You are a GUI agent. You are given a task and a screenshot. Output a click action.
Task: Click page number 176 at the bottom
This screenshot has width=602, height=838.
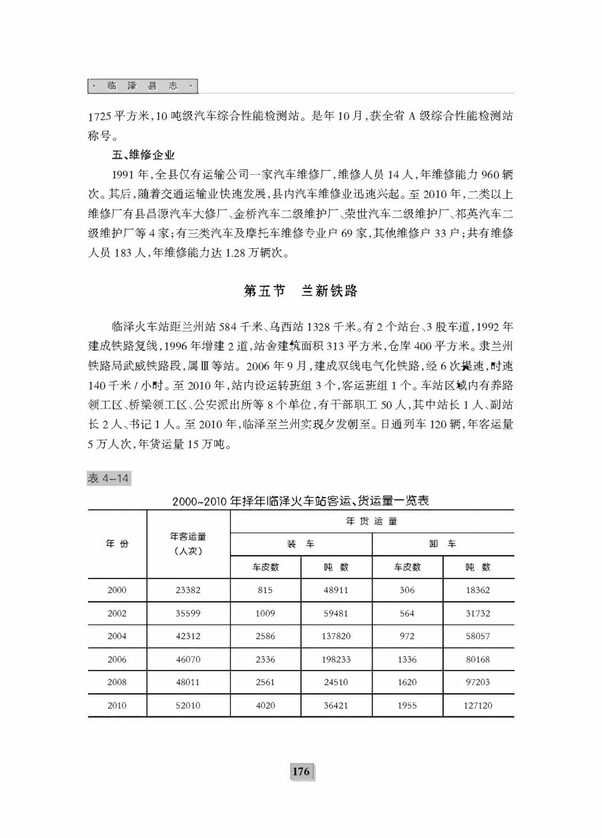tap(301, 771)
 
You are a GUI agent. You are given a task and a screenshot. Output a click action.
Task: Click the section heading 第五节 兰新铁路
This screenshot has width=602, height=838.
tap(301, 291)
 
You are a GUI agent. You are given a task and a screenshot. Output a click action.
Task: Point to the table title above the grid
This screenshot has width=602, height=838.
tap(300, 501)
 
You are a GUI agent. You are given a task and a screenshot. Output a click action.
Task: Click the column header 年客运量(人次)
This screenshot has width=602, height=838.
tap(188, 544)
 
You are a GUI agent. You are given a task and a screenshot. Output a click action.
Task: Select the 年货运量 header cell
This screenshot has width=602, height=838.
tap(372, 521)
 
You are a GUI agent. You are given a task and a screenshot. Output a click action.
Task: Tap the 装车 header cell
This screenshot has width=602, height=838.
tap(301, 544)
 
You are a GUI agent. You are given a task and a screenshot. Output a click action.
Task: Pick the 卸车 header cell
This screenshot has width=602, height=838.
tap(442, 544)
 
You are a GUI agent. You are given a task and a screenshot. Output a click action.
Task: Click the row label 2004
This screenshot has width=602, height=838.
tap(117, 636)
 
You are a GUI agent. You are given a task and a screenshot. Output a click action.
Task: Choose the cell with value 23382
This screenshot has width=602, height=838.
tap(188, 590)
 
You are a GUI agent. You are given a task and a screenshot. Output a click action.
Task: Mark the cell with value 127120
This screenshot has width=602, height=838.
tap(477, 705)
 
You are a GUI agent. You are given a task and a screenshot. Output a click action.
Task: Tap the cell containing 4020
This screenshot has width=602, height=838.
tap(266, 705)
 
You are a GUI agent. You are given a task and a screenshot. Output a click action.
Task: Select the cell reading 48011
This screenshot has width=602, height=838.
tap(188, 682)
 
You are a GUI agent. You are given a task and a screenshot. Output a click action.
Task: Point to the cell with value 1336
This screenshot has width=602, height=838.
tap(406, 659)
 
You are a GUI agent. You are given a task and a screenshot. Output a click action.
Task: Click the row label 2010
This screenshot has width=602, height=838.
tap(117, 705)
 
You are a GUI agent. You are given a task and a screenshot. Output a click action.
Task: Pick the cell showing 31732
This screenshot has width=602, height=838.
tap(477, 613)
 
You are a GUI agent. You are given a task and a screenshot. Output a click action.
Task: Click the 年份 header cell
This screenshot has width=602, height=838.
tap(117, 544)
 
